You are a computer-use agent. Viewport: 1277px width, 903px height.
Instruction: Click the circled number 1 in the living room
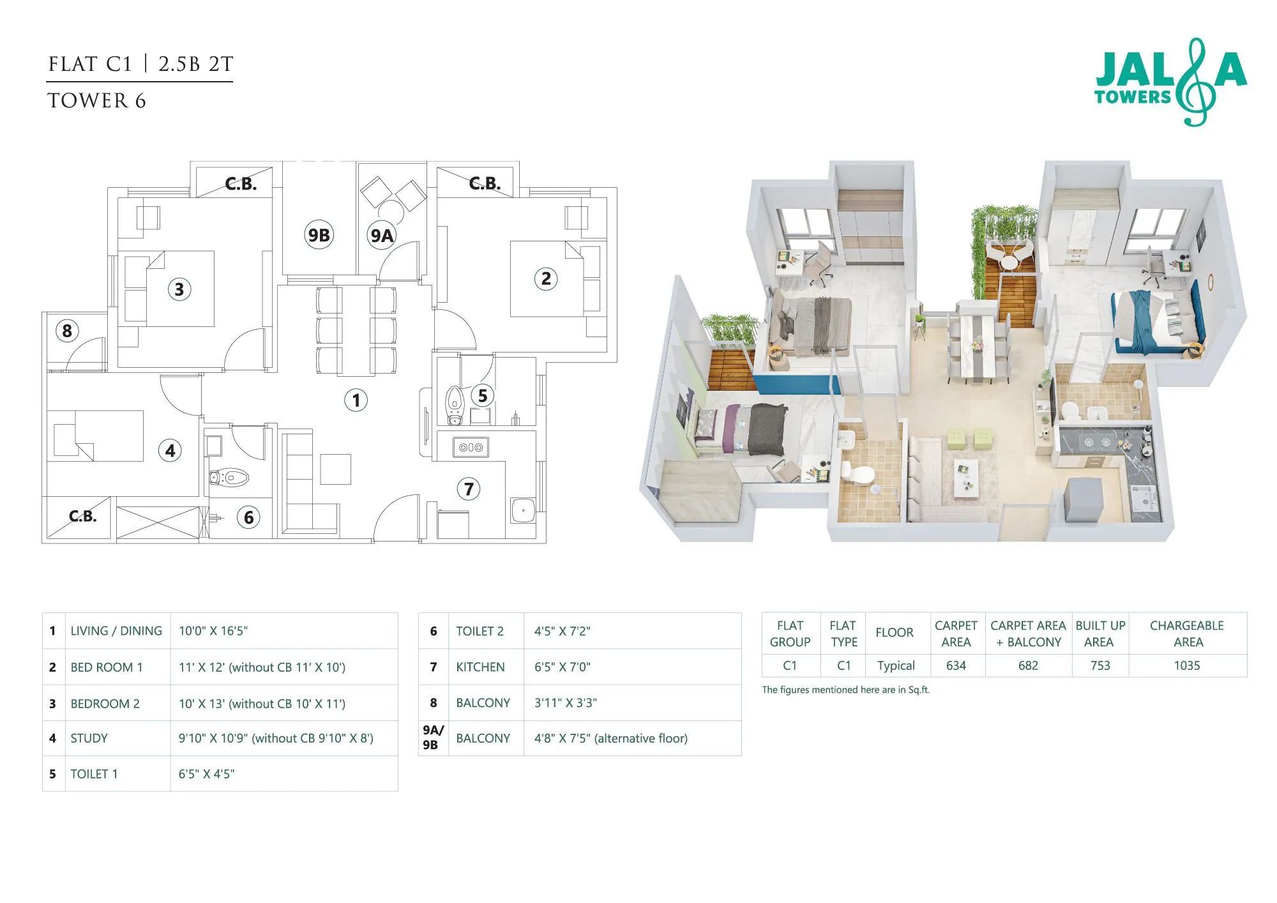pyautogui.click(x=356, y=400)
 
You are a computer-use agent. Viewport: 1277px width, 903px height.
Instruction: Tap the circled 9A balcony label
pyautogui.click(x=382, y=236)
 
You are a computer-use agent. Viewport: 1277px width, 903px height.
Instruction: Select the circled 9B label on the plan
pyautogui.click(x=319, y=235)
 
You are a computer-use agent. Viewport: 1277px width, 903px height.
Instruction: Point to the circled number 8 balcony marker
pyautogui.click(x=67, y=331)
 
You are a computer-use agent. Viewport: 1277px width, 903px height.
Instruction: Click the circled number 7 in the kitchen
pyautogui.click(x=469, y=489)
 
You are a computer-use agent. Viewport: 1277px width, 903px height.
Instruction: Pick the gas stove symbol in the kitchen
pyautogui.click(x=471, y=448)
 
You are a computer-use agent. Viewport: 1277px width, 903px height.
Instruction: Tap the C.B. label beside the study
pyautogui.click(x=82, y=516)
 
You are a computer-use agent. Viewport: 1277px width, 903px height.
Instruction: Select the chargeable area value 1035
pyautogui.click(x=1186, y=665)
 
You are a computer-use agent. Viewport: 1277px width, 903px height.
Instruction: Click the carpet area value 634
pyautogui.click(x=956, y=665)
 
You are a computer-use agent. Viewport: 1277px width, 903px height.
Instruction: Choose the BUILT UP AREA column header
pyautogui.click(x=1099, y=634)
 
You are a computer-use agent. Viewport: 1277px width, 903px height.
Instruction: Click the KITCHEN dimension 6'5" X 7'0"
pyautogui.click(x=562, y=667)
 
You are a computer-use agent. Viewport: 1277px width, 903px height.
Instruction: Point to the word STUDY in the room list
pyautogui.click(x=89, y=738)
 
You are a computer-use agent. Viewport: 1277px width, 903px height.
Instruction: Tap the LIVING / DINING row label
pyautogui.click(x=116, y=631)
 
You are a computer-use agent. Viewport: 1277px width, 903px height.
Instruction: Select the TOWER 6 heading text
pyautogui.click(x=96, y=101)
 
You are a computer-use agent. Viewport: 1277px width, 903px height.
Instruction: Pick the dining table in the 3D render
pyautogui.click(x=978, y=345)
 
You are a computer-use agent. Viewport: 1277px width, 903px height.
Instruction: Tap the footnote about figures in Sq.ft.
pyautogui.click(x=845, y=690)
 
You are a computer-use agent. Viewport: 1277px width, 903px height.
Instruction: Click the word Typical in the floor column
pyautogui.click(x=895, y=665)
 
